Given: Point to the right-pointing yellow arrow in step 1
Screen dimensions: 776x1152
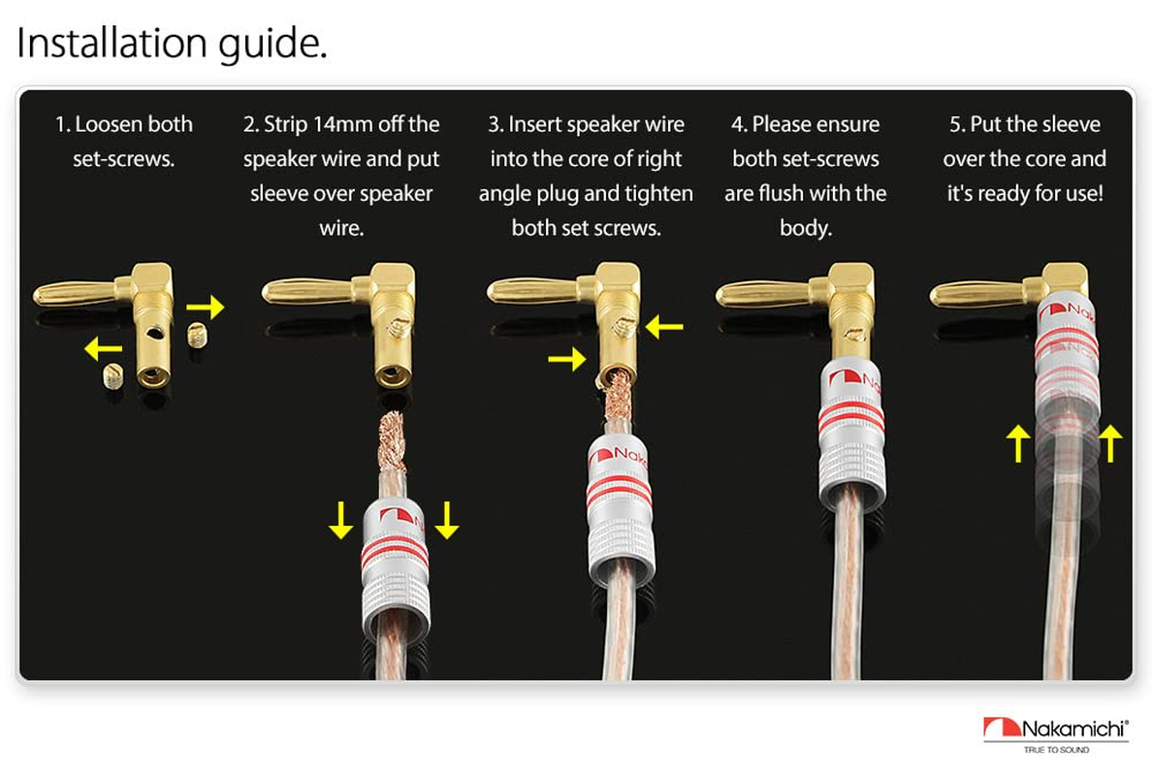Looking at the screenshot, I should pos(205,307).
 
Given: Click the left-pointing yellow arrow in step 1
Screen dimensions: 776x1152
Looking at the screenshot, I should pos(104,347).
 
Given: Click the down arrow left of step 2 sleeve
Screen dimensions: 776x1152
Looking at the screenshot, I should pos(340,520).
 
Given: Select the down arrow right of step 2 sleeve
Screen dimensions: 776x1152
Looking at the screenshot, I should pos(446,520).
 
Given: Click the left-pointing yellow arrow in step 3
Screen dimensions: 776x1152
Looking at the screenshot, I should pos(664,328).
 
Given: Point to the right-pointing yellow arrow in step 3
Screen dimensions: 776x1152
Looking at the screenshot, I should pos(566,361).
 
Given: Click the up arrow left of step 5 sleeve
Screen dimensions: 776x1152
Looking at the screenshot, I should pos(1017,445).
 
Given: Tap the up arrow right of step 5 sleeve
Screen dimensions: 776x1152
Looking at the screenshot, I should pos(1110,445).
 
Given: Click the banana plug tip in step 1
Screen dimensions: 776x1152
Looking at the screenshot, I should pos(68,293).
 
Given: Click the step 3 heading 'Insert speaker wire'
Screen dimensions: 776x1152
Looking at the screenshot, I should pos(587,125).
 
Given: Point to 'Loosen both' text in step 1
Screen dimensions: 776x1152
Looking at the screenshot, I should pos(124,125).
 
